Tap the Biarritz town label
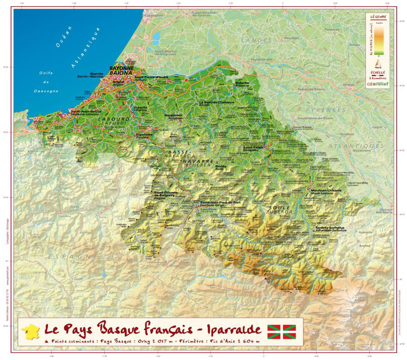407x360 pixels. click(96, 74)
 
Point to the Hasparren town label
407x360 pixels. click(173, 115)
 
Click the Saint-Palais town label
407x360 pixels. click(253, 147)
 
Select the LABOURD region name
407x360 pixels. click(113, 119)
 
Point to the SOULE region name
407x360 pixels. click(280, 208)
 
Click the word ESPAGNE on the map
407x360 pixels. click(73, 257)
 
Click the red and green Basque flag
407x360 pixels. click(282, 331)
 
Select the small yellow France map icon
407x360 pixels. click(30, 332)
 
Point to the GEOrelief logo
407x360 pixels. click(378, 84)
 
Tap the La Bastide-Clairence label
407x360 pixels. click(216, 102)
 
